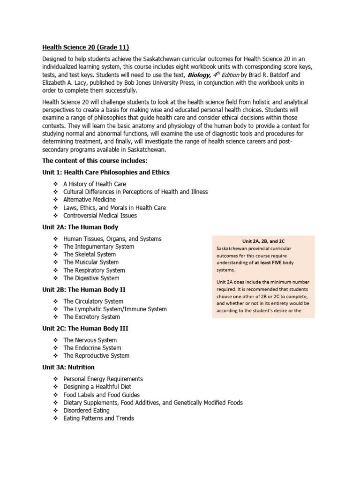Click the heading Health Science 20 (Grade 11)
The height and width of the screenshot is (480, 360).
85,47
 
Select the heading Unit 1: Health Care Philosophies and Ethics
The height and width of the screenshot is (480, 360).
106,172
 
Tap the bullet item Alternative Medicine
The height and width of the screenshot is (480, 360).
89,200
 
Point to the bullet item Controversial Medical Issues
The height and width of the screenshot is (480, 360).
100,216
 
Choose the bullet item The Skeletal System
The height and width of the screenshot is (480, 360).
90,255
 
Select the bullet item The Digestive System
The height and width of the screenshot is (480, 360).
91,278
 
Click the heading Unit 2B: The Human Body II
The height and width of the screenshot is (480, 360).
84,290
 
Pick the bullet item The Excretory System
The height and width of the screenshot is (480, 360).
91,317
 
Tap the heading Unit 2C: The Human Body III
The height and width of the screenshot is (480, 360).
85,329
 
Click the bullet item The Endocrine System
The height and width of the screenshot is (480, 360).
92,348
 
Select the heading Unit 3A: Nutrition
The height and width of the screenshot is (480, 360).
68,367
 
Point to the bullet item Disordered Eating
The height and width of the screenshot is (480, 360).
86,410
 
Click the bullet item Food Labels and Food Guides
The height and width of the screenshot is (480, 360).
101,395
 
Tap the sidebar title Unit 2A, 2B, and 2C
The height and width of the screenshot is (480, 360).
263,241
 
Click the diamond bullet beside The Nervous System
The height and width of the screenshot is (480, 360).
55,340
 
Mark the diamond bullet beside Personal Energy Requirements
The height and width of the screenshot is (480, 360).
55,379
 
